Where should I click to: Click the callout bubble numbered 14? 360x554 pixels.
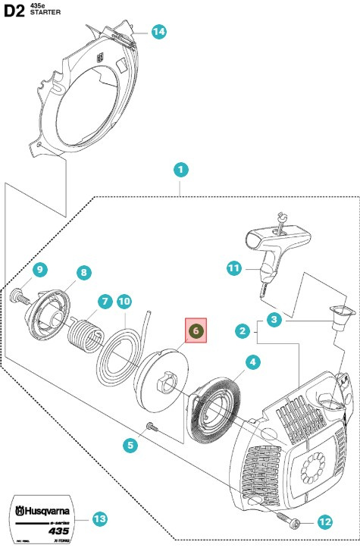(x=158, y=32)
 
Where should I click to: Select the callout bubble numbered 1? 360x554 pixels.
(x=180, y=170)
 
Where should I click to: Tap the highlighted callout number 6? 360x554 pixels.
(x=196, y=331)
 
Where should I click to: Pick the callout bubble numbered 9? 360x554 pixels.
(x=40, y=269)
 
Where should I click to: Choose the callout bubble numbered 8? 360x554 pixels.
(x=83, y=272)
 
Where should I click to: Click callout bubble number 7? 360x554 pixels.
(x=103, y=301)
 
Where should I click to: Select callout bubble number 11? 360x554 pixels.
(x=234, y=268)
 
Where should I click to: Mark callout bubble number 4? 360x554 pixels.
(x=252, y=363)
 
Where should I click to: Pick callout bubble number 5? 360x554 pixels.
(x=130, y=446)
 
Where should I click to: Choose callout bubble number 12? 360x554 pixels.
(x=324, y=521)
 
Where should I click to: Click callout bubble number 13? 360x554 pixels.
(x=100, y=519)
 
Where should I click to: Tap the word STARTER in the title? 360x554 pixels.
(x=46, y=14)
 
